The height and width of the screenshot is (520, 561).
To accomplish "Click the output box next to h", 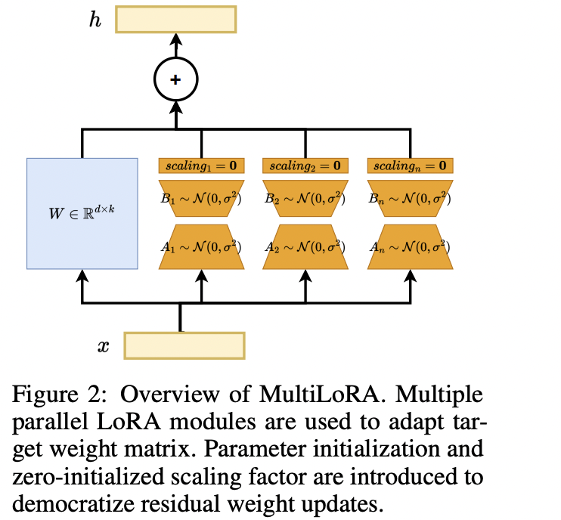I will (175, 20).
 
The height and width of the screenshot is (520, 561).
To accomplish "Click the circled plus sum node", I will (175, 79).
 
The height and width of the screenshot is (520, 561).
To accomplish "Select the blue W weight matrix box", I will (82, 213).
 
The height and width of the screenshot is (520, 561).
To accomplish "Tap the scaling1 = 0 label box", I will (202, 166).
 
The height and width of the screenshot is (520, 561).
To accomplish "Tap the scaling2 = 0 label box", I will (305, 166).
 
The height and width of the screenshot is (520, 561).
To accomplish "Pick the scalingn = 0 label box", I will (410, 166).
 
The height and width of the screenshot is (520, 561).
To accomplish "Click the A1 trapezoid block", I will (202, 246).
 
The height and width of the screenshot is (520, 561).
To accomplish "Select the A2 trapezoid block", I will (305, 246).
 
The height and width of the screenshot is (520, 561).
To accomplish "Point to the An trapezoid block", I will (410, 246).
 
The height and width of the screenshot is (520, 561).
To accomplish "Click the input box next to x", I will (184, 345).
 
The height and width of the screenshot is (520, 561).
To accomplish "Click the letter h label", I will (95, 20).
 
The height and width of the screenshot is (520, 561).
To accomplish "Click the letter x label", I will (103, 347).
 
